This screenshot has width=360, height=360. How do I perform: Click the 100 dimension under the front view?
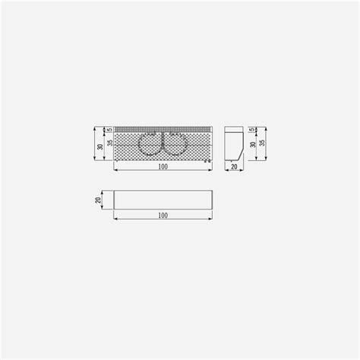click(163, 166)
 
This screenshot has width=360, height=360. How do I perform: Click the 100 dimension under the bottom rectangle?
click(163, 216)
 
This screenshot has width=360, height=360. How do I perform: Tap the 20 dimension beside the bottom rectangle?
click(98, 200)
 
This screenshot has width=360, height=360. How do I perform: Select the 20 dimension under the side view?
click(234, 166)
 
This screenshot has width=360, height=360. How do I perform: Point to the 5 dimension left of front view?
click(110, 130)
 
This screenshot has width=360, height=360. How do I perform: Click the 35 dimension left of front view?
click(110, 143)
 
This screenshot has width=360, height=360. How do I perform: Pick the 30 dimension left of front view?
click(100, 147)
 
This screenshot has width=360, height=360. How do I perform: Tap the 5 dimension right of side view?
click(252, 130)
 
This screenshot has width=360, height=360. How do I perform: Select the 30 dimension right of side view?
click(253, 144)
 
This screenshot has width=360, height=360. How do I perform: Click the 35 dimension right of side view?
click(263, 143)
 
